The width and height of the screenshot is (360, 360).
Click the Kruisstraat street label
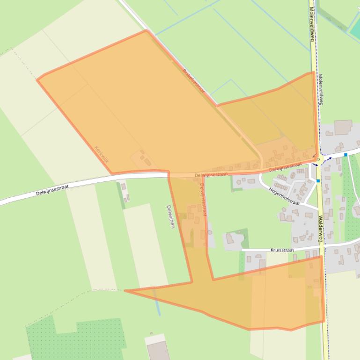[x=282, y=250]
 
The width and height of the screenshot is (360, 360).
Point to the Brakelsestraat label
[x=193, y=81]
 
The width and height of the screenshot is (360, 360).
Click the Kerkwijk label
[x=102, y=154]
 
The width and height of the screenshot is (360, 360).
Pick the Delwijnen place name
[x=170, y=216]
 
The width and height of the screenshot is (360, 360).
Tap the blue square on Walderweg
[x=318, y=181]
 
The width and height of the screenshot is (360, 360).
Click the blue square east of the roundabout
[x=345, y=155]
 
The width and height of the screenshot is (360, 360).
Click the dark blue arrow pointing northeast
[x=329, y=158]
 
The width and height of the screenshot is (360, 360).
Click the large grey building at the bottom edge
[x=158, y=350]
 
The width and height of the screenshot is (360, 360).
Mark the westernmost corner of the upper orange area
[x=37, y=80]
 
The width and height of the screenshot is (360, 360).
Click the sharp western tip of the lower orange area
[x=125, y=291]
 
